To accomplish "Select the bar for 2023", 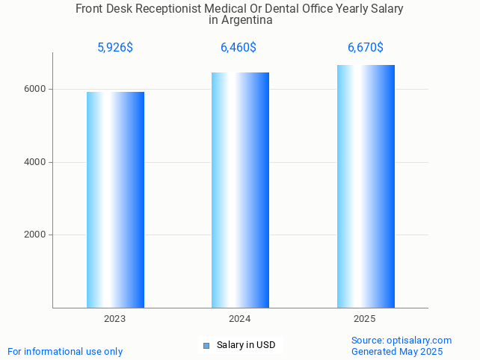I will click(115, 199).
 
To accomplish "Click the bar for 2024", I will click(240, 190).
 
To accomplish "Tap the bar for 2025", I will click(366, 186).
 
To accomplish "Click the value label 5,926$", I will click(115, 48).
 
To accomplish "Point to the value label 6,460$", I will click(239, 48).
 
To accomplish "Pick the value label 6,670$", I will click(366, 48).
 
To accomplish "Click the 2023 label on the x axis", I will click(115, 319).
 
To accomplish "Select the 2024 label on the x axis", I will click(240, 319).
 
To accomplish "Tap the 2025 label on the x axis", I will click(365, 319).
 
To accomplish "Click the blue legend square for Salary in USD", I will click(206, 345).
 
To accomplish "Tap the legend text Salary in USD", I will click(246, 345).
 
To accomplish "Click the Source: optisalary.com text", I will click(401, 340).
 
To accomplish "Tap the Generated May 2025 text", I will click(397, 351).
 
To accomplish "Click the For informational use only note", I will click(65, 351).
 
